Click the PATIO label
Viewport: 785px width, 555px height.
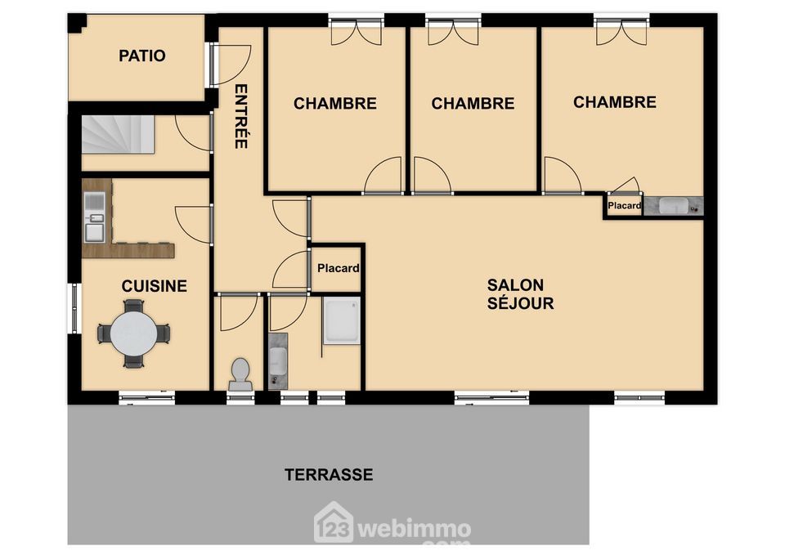141,56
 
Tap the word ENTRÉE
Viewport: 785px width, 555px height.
240,116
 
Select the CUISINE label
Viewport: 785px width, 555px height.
155,286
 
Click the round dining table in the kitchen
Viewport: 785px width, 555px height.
133,333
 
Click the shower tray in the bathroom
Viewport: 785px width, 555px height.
342,320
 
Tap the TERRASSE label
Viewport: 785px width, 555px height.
329,474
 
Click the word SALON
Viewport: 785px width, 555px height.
515,284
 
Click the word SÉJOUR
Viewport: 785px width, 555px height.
521,303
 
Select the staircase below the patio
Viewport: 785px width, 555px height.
118,134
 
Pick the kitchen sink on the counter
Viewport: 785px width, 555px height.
94,216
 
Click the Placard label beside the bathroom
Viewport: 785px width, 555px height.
339,268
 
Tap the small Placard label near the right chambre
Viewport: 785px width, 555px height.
624,205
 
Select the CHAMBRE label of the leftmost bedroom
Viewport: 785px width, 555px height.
335,104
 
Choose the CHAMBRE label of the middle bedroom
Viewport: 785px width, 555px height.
473,104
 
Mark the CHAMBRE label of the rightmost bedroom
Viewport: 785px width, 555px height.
615,102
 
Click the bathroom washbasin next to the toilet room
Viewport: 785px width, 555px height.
278,361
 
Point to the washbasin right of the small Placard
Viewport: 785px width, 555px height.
673,206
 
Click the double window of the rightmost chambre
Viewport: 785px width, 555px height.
621,31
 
